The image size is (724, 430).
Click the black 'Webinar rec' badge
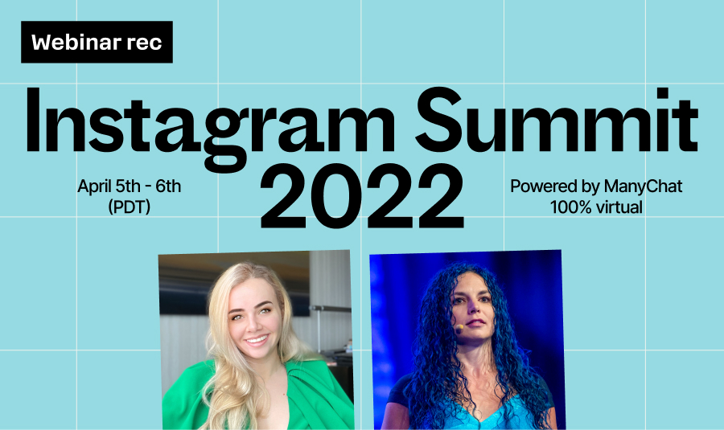(97, 42)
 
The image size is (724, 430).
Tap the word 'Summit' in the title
(557, 120)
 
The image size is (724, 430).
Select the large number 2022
(362, 195)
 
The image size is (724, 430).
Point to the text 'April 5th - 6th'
(130, 186)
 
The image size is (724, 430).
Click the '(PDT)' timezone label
(130, 207)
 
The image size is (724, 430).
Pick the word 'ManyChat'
(643, 186)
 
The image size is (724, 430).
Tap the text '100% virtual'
(596, 207)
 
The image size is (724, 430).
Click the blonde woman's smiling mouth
(257, 341)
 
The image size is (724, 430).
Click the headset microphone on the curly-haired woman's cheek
(459, 328)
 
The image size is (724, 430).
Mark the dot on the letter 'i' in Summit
(663, 93)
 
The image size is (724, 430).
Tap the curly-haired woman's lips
(476, 323)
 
